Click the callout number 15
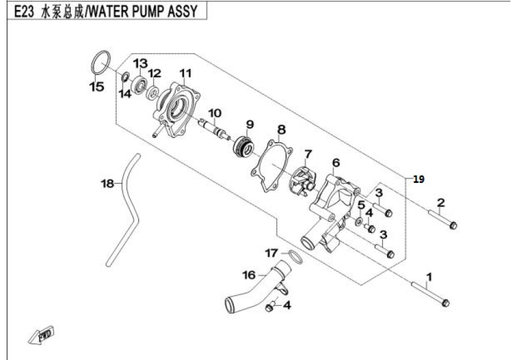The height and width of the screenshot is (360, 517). [96, 87]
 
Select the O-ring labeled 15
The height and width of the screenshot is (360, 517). [100, 62]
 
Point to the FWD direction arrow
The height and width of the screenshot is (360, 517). [41, 337]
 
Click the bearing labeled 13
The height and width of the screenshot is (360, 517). [142, 83]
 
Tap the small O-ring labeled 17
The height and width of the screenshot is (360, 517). [292, 258]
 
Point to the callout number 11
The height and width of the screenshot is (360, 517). [185, 73]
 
